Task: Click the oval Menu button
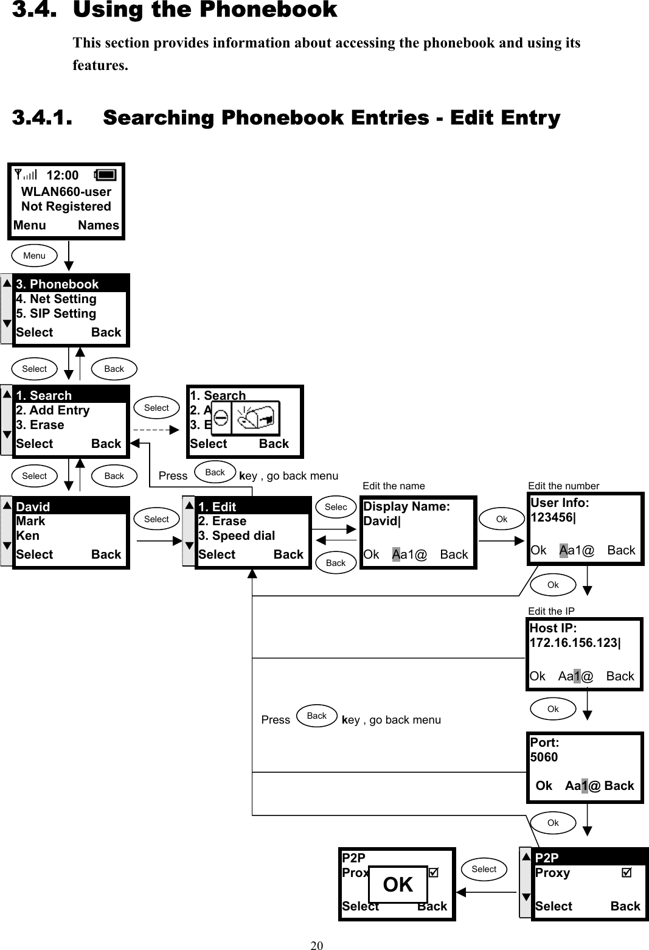click(x=34, y=256)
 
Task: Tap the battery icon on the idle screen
click(x=105, y=175)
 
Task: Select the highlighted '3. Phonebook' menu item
click(x=57, y=284)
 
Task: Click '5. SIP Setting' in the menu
click(x=56, y=313)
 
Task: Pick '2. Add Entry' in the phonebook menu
click(x=53, y=410)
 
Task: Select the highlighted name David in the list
click(x=33, y=506)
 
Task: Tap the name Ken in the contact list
click(x=27, y=536)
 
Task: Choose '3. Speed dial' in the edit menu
click(x=237, y=536)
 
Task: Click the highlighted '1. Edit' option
click(x=217, y=506)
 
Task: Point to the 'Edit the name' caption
click(x=394, y=486)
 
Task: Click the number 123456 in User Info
click(x=552, y=517)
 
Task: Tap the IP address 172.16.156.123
click(x=574, y=643)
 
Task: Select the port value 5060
click(x=544, y=757)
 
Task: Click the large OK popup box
click(x=398, y=884)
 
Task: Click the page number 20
click(x=317, y=945)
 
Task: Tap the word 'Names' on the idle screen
click(x=99, y=225)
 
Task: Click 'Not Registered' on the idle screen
click(x=66, y=206)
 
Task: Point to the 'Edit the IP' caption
click(x=551, y=611)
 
